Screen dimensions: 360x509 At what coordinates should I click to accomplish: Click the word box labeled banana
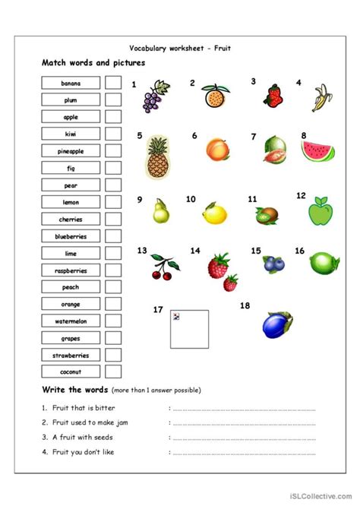point(71,83)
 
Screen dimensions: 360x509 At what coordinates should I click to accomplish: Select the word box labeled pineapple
point(71,151)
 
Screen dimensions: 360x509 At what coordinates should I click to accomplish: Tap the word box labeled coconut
point(71,372)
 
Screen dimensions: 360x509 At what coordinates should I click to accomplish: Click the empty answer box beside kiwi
point(113,134)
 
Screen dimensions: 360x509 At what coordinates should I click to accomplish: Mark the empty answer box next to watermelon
point(113,321)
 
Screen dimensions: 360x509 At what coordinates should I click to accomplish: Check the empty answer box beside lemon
point(113,202)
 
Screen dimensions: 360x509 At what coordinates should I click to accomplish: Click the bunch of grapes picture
point(159,97)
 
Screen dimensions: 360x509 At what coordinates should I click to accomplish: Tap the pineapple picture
point(157,156)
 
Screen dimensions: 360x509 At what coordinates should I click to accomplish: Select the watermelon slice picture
point(317,148)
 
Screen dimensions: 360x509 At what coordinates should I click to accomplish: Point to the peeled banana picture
point(320,99)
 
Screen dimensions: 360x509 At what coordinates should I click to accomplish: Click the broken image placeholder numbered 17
point(189,328)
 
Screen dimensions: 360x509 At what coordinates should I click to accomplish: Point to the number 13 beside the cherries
point(142,250)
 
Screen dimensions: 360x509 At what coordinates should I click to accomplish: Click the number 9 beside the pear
point(140,200)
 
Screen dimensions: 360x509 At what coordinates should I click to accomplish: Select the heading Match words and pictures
point(93,63)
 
